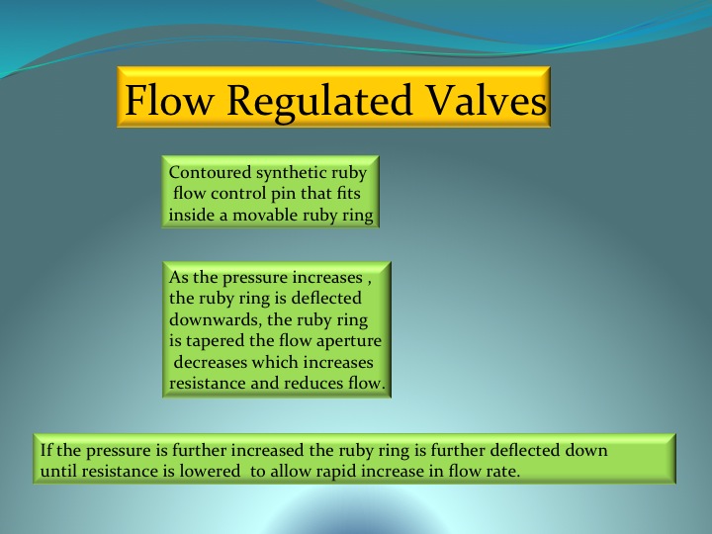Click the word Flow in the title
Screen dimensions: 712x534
(169, 100)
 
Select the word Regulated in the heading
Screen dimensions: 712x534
(319, 103)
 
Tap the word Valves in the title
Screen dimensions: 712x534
(487, 100)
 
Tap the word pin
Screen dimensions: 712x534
(283, 195)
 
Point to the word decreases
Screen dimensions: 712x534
(211, 362)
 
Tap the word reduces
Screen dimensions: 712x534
(313, 384)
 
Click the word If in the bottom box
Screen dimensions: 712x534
(46, 450)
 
